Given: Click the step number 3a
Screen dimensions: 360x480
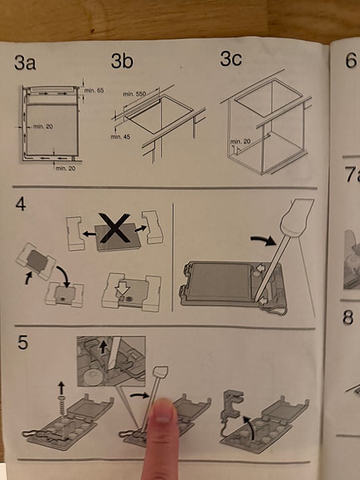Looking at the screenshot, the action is point(25,63).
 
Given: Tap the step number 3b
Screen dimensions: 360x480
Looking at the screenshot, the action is point(122,60).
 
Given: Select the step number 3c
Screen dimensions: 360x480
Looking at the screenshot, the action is point(231,58).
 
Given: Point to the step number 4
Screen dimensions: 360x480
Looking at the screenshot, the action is point(21,205).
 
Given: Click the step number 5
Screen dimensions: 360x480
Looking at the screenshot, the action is point(23,342).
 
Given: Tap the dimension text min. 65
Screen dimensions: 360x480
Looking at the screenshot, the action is point(94,90).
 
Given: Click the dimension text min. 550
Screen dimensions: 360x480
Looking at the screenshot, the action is point(134,94).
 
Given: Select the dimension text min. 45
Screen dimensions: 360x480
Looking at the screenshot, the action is point(120,137).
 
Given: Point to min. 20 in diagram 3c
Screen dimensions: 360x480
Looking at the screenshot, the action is point(241,141).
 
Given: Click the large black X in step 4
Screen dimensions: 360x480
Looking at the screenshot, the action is point(114,228).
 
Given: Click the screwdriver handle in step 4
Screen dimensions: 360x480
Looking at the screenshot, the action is point(297,217).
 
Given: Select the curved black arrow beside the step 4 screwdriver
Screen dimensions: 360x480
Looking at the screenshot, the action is point(262,240).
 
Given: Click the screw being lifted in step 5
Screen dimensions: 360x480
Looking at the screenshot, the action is point(61,404).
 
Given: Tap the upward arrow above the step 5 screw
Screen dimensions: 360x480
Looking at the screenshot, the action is point(61,387).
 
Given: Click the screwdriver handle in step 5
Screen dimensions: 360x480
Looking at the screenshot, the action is point(160,372).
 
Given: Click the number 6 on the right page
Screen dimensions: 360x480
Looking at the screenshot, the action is point(351,60).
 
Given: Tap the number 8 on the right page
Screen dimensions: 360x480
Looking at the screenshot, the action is point(348,317).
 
